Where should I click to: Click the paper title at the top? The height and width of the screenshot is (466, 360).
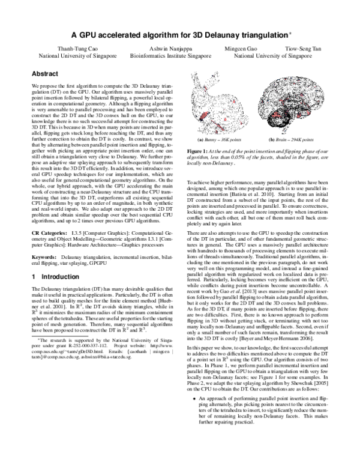click(179, 35)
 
